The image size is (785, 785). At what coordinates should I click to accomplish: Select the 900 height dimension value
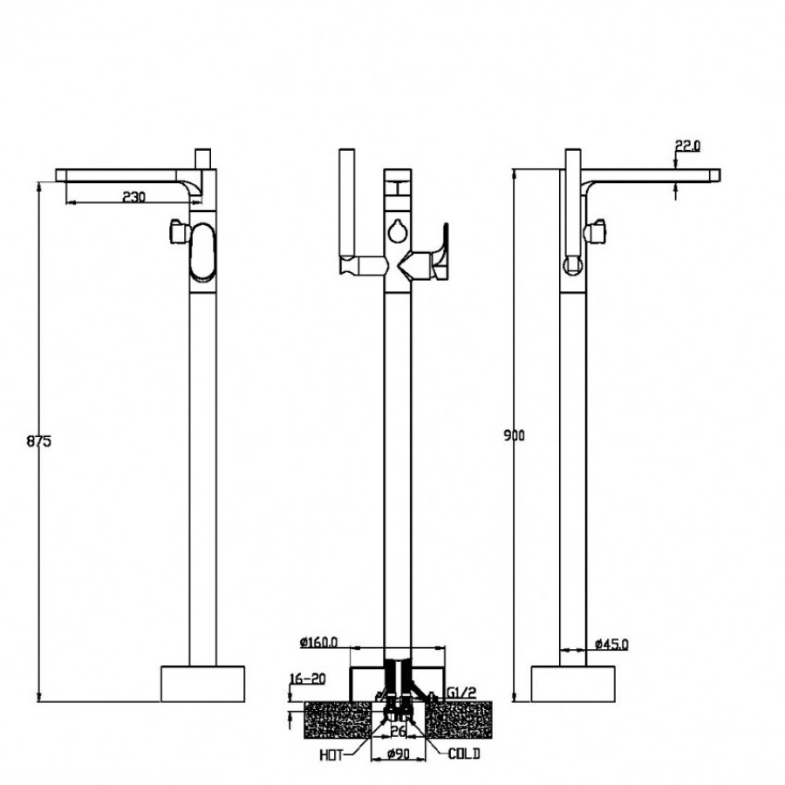tap(515, 435)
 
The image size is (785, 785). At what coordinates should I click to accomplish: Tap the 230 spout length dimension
tap(133, 197)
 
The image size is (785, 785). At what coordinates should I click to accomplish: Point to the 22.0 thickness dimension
tap(687, 147)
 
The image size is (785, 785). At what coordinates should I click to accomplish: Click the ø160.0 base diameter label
tap(320, 643)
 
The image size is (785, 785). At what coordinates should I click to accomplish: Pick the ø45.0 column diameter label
tap(611, 645)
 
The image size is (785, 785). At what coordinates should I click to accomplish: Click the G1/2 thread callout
tap(461, 693)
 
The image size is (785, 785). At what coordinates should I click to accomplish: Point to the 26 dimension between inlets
tap(398, 731)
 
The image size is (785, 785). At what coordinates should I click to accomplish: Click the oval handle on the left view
tap(202, 253)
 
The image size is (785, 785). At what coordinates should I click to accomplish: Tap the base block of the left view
tap(203, 683)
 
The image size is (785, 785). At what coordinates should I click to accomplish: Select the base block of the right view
tap(573, 683)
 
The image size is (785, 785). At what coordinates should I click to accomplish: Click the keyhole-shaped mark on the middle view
tap(398, 231)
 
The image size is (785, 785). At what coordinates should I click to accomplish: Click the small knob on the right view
tap(598, 231)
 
